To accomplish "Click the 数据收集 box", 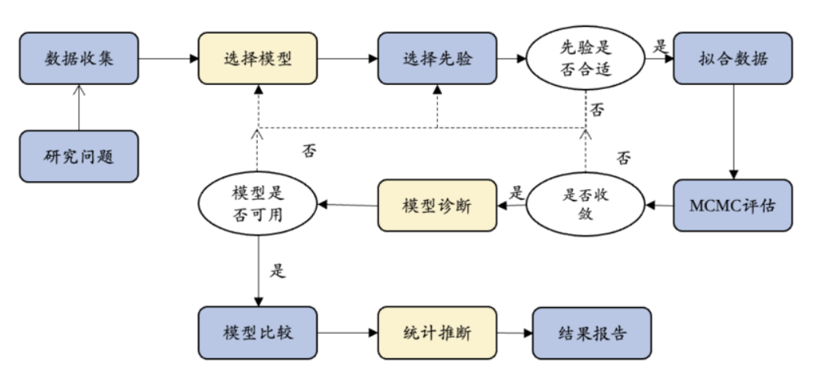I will [x=79, y=58].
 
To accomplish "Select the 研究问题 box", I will [x=79, y=156].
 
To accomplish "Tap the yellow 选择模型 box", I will [x=258, y=58].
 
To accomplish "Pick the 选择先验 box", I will [x=437, y=58].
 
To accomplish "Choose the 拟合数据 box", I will [x=733, y=58].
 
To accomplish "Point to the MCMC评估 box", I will [x=733, y=206].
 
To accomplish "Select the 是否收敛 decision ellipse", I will [x=586, y=206].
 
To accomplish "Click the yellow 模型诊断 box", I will [x=437, y=206].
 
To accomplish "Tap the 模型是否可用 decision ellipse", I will [x=258, y=207].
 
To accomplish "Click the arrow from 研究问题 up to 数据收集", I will [x=79, y=107].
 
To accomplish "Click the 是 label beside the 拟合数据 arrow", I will [x=660, y=45].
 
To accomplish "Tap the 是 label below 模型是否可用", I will [x=277, y=272].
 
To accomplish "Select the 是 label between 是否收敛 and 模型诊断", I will [x=516, y=191].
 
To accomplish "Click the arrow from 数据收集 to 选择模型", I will [x=168, y=58].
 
